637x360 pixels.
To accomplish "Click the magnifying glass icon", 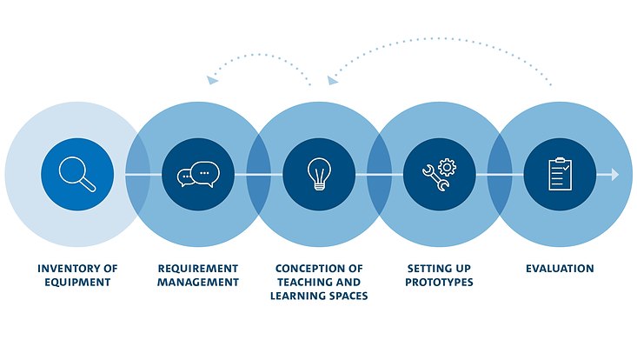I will pyautogui.click(x=77, y=173).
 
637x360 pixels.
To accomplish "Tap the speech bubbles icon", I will pyautogui.click(x=197, y=174).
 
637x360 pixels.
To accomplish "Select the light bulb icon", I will pyautogui.click(x=319, y=174).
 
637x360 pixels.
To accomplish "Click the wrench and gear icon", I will pyautogui.click(x=439, y=174).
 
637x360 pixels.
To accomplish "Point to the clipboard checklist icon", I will pyautogui.click(x=560, y=174).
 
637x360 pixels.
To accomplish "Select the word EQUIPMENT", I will pyautogui.click(x=77, y=282).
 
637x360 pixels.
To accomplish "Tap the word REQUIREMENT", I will pyautogui.click(x=197, y=269).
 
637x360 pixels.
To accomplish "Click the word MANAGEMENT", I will pyautogui.click(x=197, y=282).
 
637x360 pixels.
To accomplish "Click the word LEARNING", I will pyautogui.click(x=300, y=296).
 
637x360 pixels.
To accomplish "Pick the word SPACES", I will pyautogui.click(x=348, y=296).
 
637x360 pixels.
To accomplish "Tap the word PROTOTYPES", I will pyautogui.click(x=439, y=282).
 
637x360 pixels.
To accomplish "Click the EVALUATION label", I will pyautogui.click(x=560, y=269).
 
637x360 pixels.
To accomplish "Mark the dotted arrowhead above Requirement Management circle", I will pyautogui.click(x=212, y=80).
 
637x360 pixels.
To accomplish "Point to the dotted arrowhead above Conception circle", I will pyautogui.click(x=332, y=80).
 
